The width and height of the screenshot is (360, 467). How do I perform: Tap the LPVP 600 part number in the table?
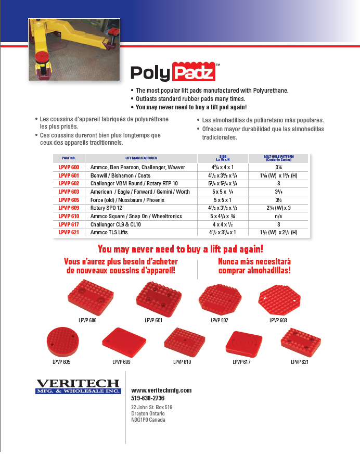[69, 168]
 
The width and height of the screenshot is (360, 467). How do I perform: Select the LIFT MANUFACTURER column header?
[141, 158]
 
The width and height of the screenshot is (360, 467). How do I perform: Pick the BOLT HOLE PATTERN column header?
[278, 158]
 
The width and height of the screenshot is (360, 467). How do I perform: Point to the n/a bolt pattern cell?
[278, 216]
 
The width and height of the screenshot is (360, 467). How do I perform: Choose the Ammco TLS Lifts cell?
[108, 232]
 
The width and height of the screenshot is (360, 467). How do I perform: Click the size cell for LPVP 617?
[222, 224]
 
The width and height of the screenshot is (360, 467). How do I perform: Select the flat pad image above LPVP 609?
[121, 342]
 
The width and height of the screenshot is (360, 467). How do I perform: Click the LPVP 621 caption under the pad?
[299, 361]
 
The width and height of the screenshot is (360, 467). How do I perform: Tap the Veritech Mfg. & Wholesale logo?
[78, 386]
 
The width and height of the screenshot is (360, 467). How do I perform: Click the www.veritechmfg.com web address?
[161, 390]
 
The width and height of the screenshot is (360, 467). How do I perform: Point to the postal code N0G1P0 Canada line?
[148, 420]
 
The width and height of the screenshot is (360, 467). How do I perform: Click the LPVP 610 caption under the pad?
[182, 361]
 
